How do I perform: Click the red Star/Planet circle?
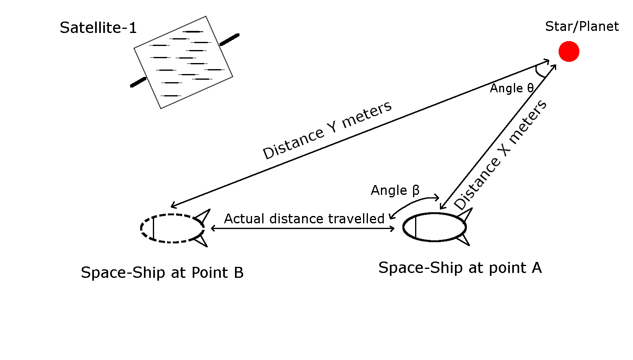568,51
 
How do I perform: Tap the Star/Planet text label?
581,26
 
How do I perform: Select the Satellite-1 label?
98,28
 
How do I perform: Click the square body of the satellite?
183,62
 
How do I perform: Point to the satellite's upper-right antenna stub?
229,39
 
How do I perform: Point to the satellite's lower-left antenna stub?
138,82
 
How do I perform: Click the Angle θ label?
511,88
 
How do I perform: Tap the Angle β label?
395,190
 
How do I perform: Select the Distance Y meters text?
327,130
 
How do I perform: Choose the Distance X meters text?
500,155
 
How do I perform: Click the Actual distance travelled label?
304,219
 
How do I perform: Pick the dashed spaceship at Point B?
172,228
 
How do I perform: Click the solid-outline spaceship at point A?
434,227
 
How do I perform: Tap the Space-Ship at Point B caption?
162,273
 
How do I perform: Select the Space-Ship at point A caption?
460,268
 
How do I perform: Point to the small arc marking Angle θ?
539,72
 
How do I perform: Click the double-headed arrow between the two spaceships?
302,229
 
